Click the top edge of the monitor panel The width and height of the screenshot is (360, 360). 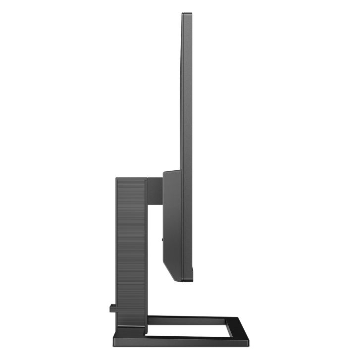[x=187, y=13]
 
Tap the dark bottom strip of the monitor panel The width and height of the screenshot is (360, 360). [x=187, y=278]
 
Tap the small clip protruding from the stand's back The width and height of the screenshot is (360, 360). [x=112, y=308]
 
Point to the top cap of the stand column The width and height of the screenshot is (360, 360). [x=131, y=179]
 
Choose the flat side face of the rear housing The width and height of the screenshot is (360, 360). [x=172, y=223]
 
